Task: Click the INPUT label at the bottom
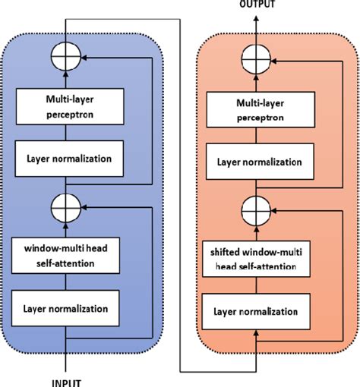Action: tap(66, 381)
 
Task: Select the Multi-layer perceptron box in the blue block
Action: tap(66, 109)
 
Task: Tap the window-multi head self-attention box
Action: tap(66, 253)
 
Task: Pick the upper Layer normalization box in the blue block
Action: tap(66, 159)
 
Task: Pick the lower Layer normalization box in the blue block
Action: tap(66, 307)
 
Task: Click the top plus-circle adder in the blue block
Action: tap(66, 58)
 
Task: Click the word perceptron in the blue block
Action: tap(66, 116)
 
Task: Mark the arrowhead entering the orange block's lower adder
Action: tap(276, 207)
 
